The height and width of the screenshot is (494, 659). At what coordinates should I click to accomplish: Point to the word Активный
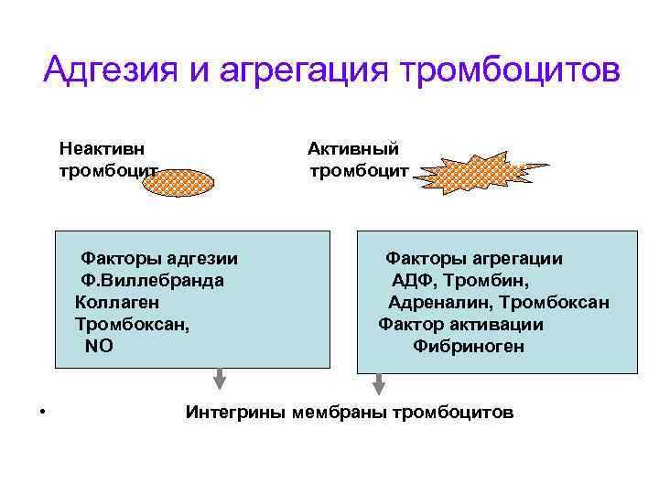pyautogui.click(x=353, y=148)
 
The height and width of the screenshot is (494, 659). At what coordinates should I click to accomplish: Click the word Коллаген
pyautogui.click(x=117, y=302)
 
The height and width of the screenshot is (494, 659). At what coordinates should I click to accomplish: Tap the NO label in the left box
pyautogui.click(x=99, y=346)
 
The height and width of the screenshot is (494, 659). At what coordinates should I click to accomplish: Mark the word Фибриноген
pyautogui.click(x=469, y=347)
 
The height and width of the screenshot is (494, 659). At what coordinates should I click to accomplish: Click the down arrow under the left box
pyautogui.click(x=221, y=379)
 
